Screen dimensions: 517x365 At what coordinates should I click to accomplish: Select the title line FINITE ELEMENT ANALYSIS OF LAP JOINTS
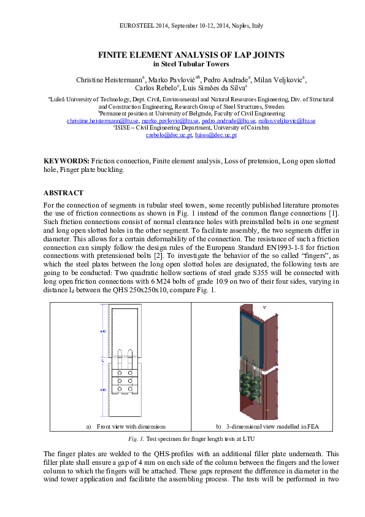191,55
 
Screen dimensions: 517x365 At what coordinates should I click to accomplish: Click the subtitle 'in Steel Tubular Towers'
191,63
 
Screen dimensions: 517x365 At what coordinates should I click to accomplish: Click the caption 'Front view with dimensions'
131,426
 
